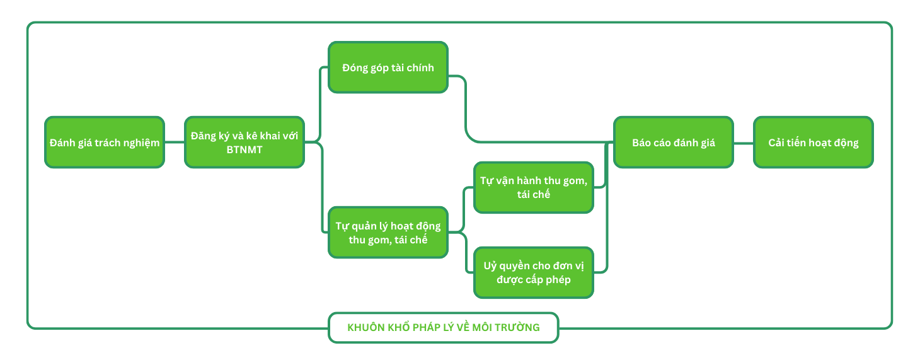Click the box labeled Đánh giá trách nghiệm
[x=105, y=142]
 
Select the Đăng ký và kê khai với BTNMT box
[x=244, y=142]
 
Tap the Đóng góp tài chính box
[x=388, y=67]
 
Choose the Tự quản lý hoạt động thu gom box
[x=388, y=232]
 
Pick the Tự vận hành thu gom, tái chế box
[x=534, y=188]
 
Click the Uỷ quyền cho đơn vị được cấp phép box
[x=534, y=272]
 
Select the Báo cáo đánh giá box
[x=674, y=142]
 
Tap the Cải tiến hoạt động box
[x=814, y=142]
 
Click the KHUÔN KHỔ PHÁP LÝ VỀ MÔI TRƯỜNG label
[x=444, y=328]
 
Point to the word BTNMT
[x=244, y=150]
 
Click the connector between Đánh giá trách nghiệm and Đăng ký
[x=175, y=142]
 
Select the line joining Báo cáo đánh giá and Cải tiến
[x=744, y=142]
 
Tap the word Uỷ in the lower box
[x=490, y=265]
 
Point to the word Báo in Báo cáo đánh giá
[x=641, y=142]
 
